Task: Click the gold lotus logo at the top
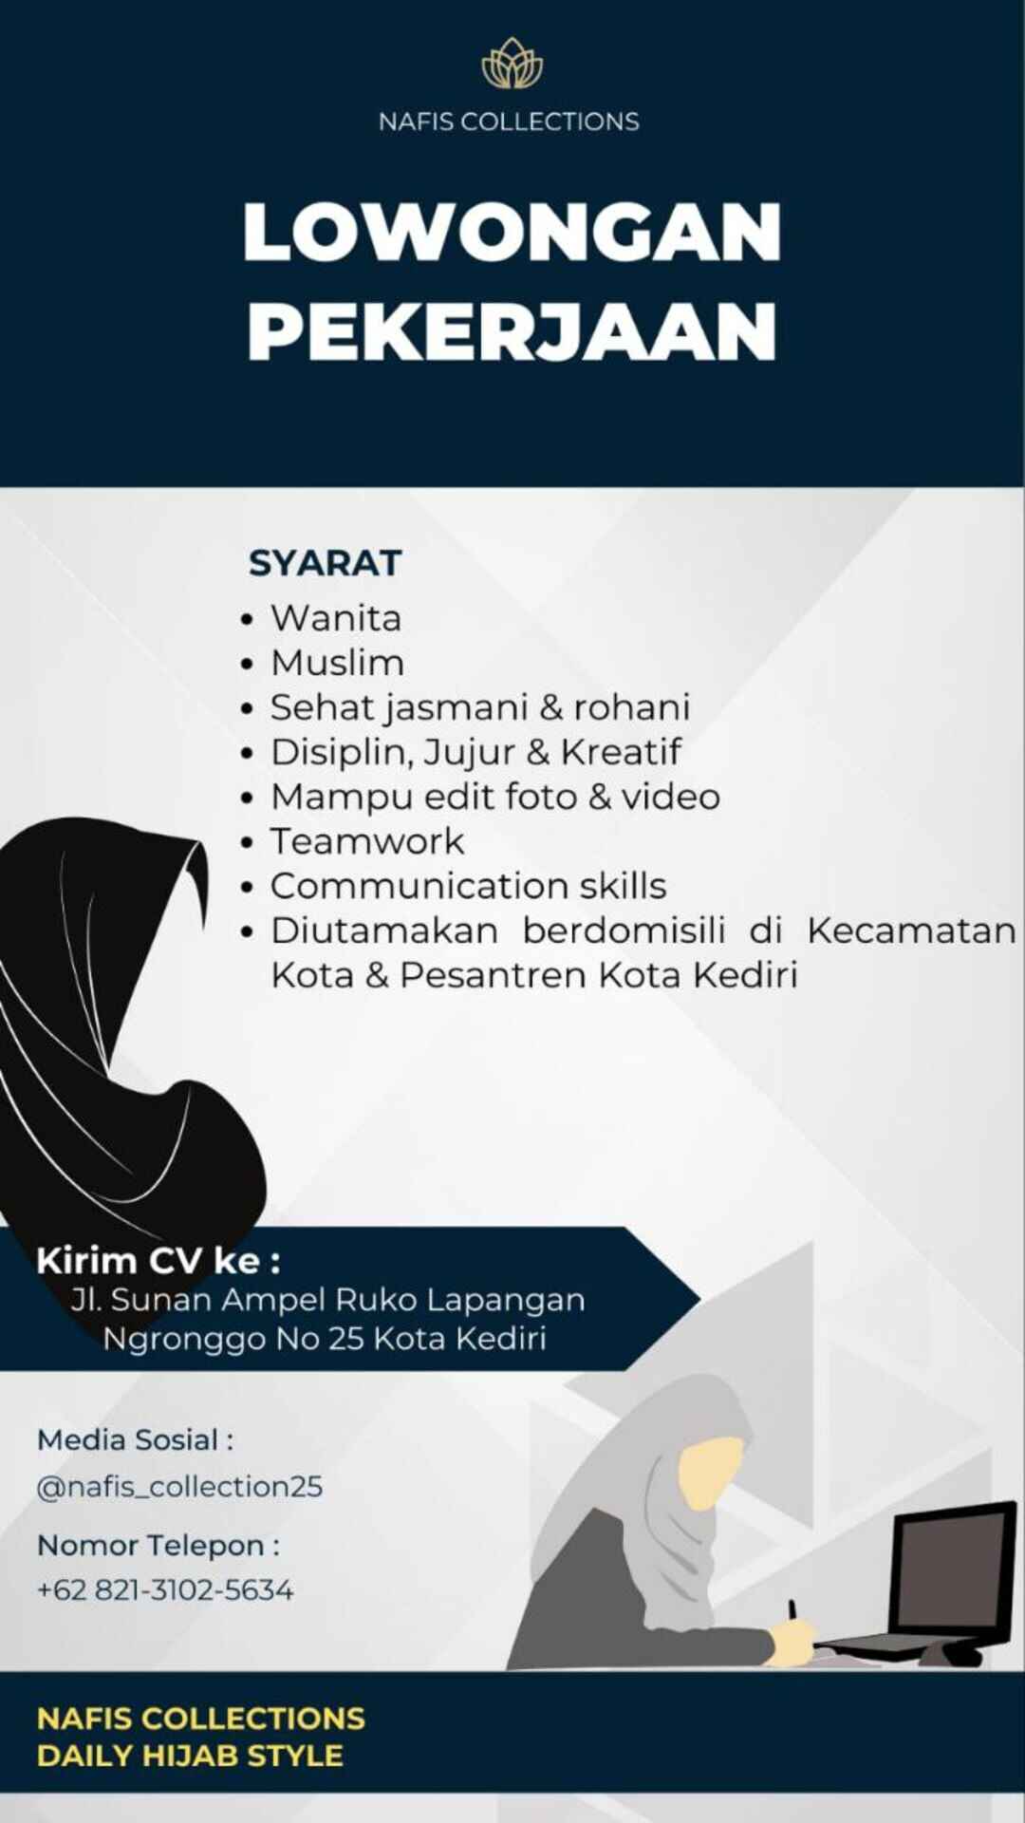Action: [512, 64]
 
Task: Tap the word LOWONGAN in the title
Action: [512, 233]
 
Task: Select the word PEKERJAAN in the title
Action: [512, 331]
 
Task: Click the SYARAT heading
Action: [326, 563]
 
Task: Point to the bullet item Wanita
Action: [336, 618]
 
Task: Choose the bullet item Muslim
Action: [338, 663]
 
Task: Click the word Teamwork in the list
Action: [367, 841]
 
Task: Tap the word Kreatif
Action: [621, 752]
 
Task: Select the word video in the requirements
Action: [671, 797]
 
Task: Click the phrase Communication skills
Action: [469, 886]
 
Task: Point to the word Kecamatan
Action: [912, 930]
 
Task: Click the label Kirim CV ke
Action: [158, 1261]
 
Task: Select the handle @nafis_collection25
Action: [179, 1486]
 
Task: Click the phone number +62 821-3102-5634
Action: [165, 1589]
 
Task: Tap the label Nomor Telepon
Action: [158, 1546]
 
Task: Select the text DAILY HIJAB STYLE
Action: [190, 1756]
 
